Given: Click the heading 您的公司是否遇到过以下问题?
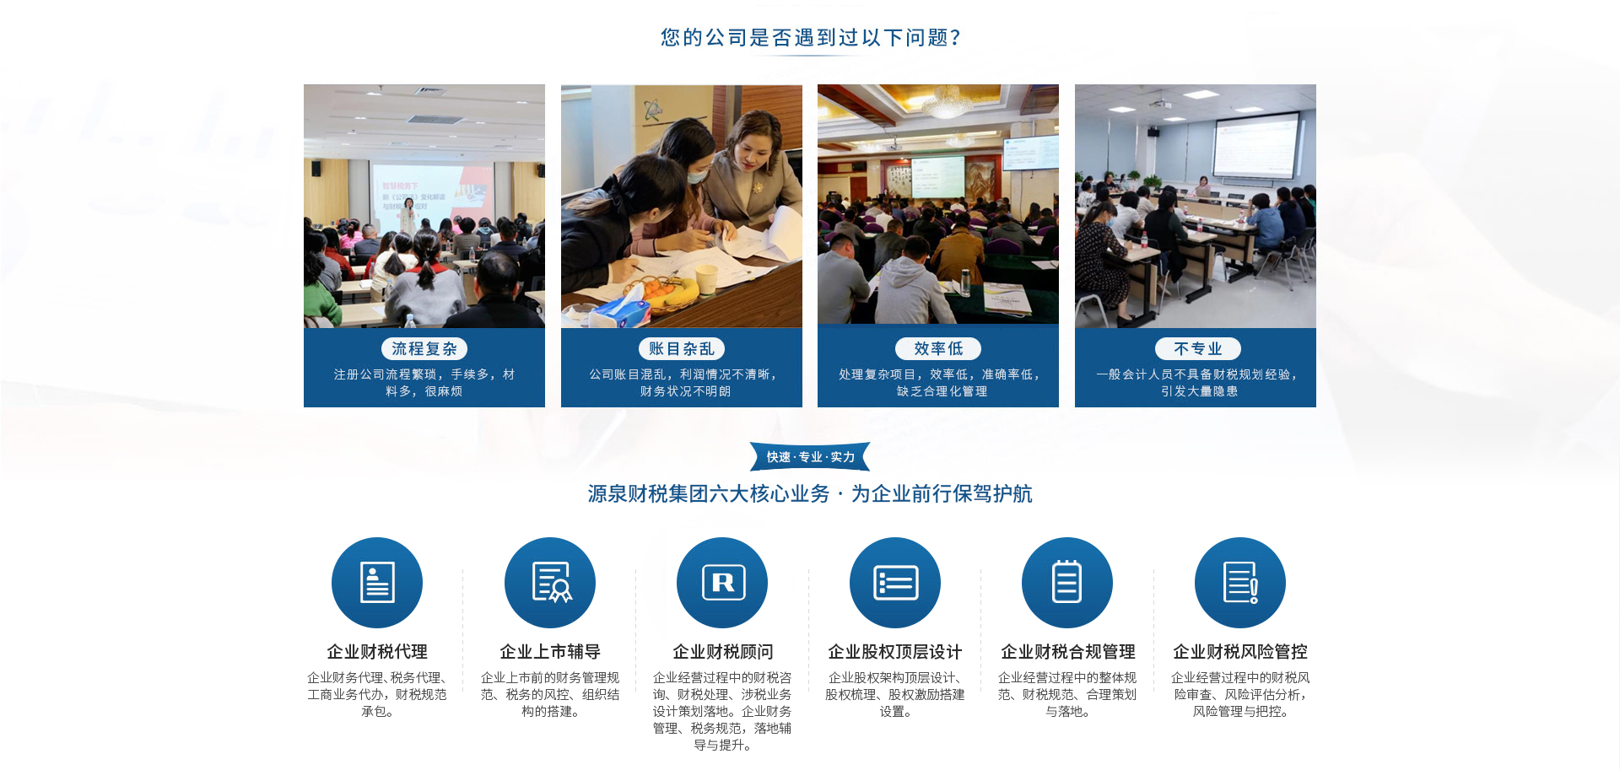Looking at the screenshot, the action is coord(810,37).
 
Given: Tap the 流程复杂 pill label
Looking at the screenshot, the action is coord(424,348).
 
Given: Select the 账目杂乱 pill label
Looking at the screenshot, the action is coord(682,348).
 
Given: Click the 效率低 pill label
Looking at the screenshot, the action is coord(938,348).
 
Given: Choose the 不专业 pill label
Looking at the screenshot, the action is coord(1198,348).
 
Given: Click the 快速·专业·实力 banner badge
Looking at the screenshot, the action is coord(810,456).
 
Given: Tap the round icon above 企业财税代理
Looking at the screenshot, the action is coord(377,583).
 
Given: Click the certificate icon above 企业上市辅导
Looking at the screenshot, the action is coord(550,583).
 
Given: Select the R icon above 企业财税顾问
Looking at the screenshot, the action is coord(722,583).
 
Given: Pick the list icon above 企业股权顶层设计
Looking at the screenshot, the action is coord(895,583).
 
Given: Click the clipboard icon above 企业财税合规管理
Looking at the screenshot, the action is coord(1067,583).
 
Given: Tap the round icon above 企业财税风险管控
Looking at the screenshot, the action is coord(1240,583).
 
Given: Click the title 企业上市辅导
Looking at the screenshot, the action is coord(550,651).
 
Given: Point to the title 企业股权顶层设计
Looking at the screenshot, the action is coord(895,651).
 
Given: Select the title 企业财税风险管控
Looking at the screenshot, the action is coord(1240,651).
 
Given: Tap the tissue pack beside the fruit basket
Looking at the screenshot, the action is coord(619,310).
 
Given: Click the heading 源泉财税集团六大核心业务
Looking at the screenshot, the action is coord(709,493).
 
